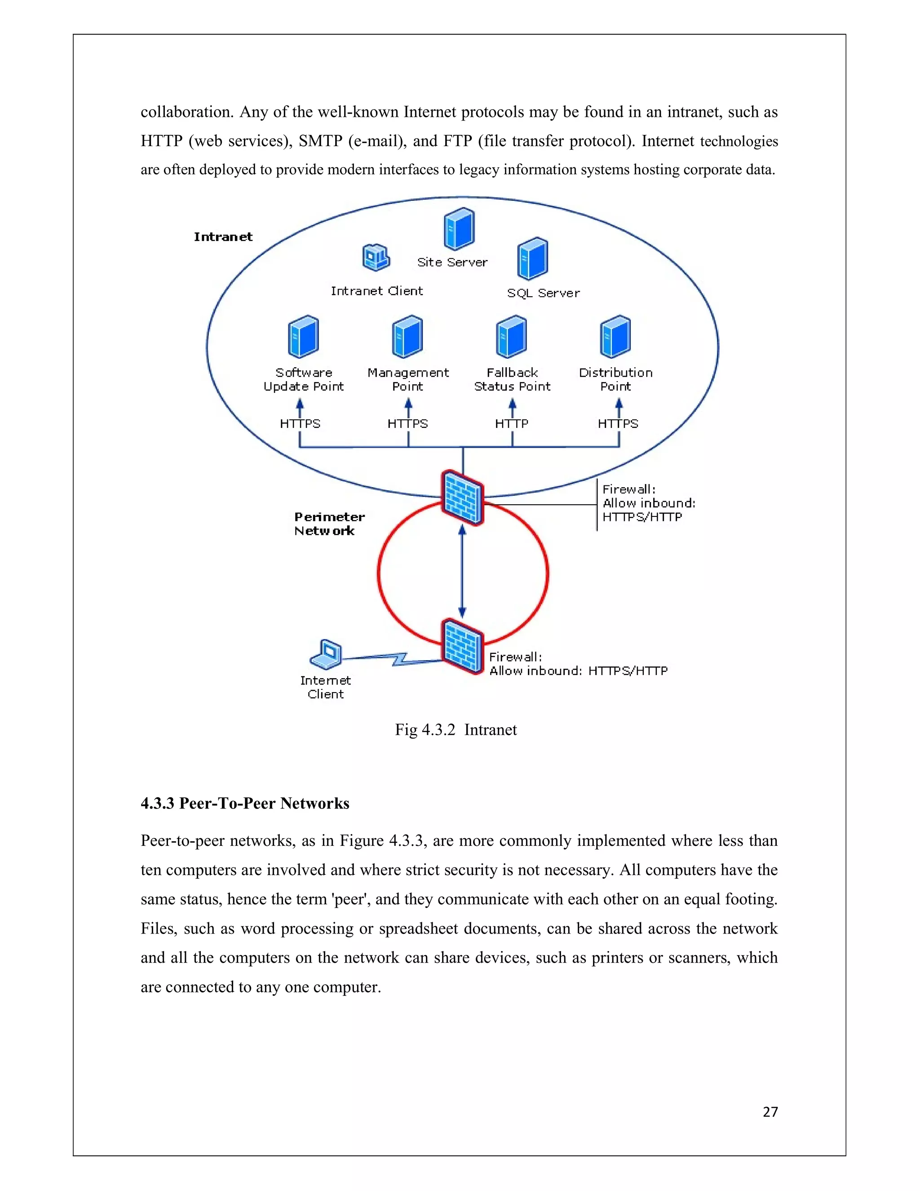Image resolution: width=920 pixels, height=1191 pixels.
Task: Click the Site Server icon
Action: click(459, 229)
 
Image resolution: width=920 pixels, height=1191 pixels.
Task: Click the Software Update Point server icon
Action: click(303, 337)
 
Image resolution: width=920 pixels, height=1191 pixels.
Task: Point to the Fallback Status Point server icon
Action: click(511, 337)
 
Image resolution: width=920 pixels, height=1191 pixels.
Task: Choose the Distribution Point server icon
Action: click(615, 337)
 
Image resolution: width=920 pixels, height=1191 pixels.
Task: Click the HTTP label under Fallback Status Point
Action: click(511, 424)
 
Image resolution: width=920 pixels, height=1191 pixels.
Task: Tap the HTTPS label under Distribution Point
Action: click(618, 424)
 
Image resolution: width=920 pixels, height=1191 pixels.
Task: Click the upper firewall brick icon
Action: click(463, 498)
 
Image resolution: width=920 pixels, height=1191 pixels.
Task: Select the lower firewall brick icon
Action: click(463, 646)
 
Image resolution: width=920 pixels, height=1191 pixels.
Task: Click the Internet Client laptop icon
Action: click(327, 654)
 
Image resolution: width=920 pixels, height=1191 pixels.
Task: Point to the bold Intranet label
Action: click(223, 237)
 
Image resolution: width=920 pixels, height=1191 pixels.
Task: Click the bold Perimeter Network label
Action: click(329, 524)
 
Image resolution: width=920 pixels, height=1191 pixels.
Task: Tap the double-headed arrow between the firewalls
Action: click(462, 572)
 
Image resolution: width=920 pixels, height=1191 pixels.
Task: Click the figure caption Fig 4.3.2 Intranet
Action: click(456, 729)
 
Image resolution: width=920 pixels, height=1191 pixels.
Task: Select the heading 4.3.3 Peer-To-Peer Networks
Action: click(245, 803)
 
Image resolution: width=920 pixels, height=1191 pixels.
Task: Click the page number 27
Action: click(770, 1112)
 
